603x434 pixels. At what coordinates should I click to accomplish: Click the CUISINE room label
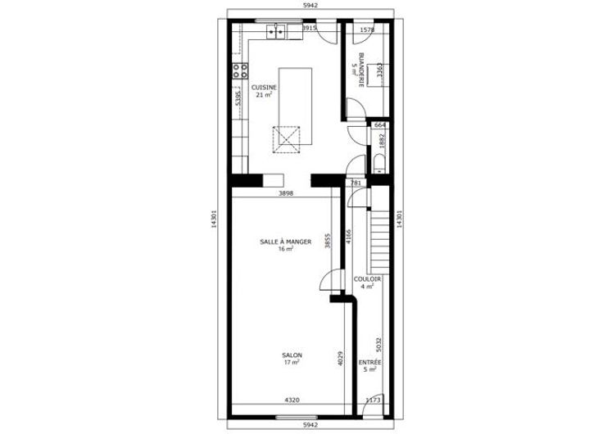tap(264, 88)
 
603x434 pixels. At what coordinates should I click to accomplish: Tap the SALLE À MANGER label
tap(286, 242)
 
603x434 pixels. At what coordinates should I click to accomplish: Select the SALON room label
tap(292, 355)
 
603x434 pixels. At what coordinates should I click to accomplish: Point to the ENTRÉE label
tap(370, 363)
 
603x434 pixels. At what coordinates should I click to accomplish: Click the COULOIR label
tap(367, 279)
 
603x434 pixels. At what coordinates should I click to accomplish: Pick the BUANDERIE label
tap(361, 70)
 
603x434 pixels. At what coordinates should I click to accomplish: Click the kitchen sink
tap(276, 31)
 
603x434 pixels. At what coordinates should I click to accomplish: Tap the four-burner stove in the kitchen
tap(239, 70)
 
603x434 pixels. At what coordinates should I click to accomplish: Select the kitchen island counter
tap(295, 106)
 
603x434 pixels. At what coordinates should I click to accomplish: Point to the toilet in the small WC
tap(379, 164)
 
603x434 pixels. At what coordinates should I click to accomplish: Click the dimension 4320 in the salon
tap(292, 400)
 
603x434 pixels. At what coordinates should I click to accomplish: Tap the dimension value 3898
tap(286, 193)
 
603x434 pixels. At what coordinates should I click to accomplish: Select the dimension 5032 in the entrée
tap(379, 345)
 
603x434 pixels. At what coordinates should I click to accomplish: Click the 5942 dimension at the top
tap(311, 5)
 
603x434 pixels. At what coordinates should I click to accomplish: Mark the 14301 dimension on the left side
tap(214, 219)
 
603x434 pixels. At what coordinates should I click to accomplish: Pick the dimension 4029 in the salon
tap(340, 358)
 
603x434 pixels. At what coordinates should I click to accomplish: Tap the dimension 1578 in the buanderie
tap(366, 29)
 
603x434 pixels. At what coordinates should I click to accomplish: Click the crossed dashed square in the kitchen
tap(286, 139)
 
